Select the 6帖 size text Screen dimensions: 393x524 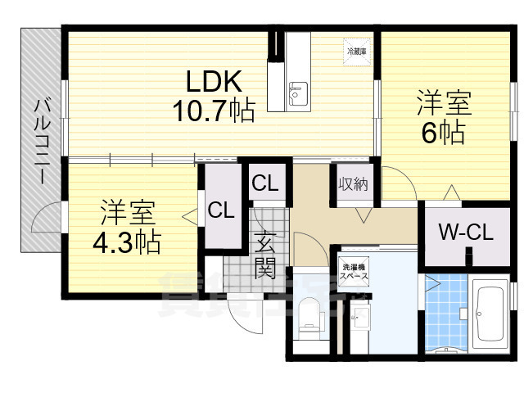[444, 132]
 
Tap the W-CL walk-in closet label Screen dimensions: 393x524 [464, 233]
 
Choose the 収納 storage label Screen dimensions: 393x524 [353, 183]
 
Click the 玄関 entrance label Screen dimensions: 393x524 [264, 255]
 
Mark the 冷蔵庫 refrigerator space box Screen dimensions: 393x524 [356, 51]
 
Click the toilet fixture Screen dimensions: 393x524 [309, 318]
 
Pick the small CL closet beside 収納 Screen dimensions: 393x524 [265, 183]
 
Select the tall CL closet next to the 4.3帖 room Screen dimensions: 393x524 [220, 210]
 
